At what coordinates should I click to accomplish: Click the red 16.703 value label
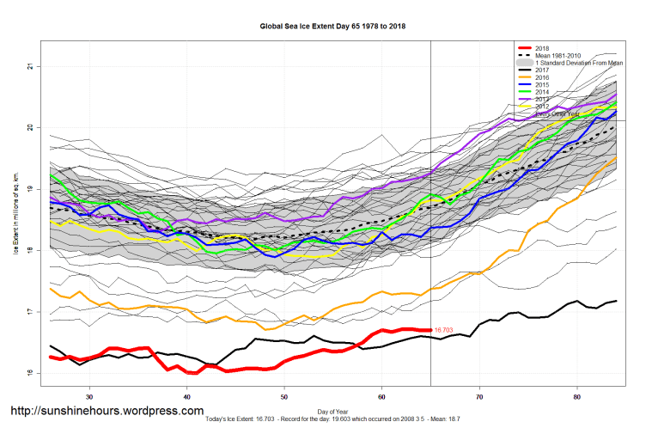pos(443,329)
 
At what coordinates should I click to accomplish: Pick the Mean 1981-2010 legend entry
pos(559,55)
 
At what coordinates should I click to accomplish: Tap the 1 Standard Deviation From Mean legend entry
pos(578,63)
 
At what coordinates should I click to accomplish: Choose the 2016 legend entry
pos(543,78)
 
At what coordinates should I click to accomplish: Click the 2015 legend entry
pos(543,85)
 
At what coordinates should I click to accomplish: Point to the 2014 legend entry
pos(543,93)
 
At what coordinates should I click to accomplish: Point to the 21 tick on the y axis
pos(29,66)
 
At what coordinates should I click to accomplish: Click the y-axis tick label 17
pos(29,311)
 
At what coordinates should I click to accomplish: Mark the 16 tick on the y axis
pos(29,373)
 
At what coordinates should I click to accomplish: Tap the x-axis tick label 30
pos(89,396)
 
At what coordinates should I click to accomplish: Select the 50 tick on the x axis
pos(284,396)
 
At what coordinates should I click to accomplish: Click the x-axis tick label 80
pos(576,396)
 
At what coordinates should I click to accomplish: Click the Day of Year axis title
pos(333,412)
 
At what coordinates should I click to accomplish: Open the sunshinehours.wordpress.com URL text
pos(107,411)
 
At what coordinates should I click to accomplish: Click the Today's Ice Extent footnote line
pos(333,419)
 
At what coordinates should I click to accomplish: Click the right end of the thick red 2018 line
pos(430,329)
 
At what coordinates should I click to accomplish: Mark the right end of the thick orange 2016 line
pos(615,158)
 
